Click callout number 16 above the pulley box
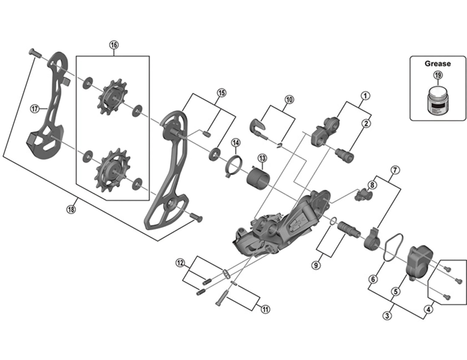113,45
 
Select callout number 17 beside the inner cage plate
35,108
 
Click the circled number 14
235,142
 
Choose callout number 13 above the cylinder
262,158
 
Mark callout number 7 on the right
395,170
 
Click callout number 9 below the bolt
316,265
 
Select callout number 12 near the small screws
180,262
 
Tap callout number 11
266,309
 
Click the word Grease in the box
437,63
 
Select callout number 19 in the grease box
437,75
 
